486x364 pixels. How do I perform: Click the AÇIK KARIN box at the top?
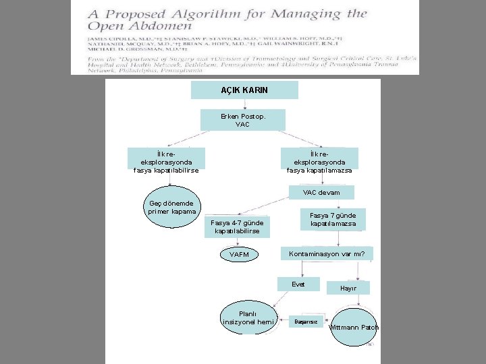[x=244, y=90]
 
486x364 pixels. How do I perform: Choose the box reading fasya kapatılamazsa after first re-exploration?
[x=319, y=161]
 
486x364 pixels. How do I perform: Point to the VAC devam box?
[x=321, y=193]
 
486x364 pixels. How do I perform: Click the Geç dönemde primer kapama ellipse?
[x=171, y=208]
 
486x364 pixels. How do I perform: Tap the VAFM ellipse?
[x=239, y=255]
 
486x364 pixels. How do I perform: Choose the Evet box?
[x=298, y=284]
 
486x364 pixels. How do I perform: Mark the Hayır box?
[x=348, y=288]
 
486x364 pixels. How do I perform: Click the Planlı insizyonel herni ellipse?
[x=248, y=317]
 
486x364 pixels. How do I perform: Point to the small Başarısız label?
[x=306, y=322]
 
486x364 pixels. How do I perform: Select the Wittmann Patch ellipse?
[x=354, y=328]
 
